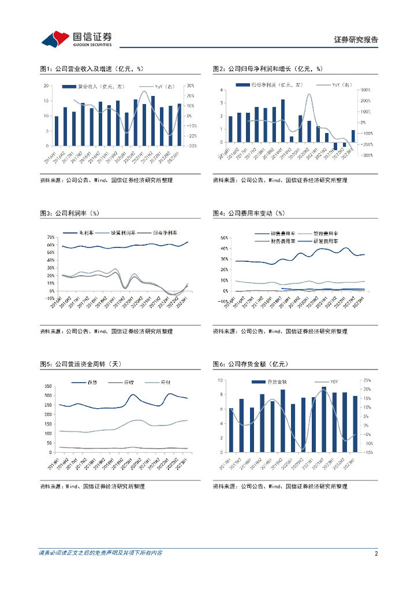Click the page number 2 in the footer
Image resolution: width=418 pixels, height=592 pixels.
[376, 553]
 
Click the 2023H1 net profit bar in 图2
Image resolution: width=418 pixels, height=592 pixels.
[353, 136]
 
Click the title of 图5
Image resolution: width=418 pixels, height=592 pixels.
[80, 364]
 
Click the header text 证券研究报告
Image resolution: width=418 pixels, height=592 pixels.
[356, 40]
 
